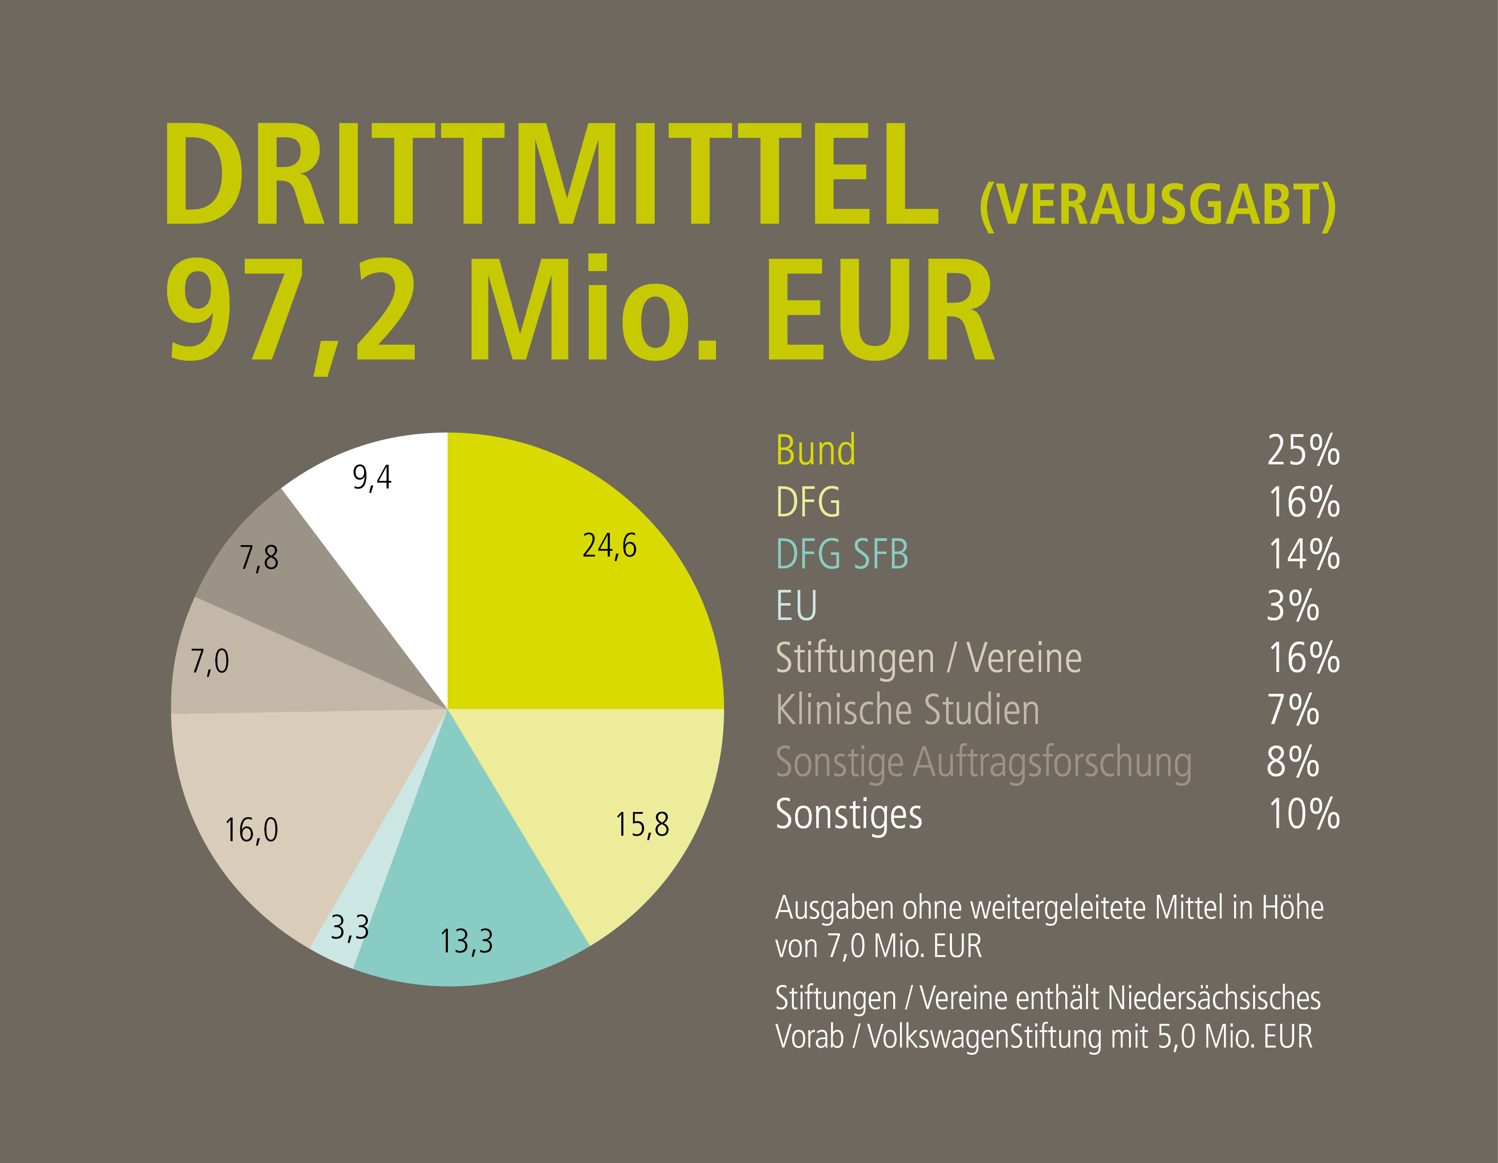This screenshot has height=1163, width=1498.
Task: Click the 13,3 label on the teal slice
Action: [466, 941]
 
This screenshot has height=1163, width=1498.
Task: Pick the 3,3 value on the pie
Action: [350, 928]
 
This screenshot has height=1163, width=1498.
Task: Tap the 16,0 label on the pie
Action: [252, 831]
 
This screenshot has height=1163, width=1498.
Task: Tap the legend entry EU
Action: [796, 606]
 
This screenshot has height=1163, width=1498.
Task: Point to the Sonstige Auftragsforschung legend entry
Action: [983, 763]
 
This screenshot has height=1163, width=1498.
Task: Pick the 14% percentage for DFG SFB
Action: [1303, 554]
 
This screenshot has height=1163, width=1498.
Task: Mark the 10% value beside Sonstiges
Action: [1303, 814]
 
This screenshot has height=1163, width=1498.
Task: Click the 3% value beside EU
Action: [1293, 606]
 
